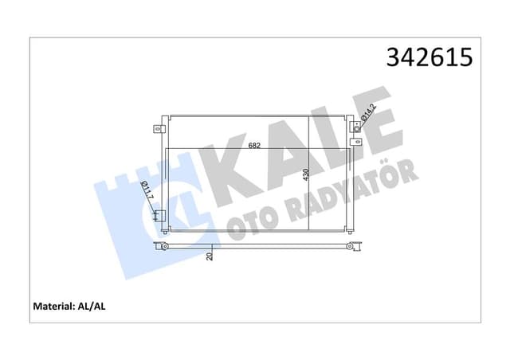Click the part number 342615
(x=429, y=58)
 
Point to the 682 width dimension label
(x=254, y=146)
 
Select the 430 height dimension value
(x=305, y=177)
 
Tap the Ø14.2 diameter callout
(x=368, y=116)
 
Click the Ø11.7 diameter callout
(x=147, y=193)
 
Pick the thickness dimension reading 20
(x=210, y=256)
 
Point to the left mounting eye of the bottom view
(x=164, y=246)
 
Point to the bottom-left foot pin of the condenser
(x=165, y=233)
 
